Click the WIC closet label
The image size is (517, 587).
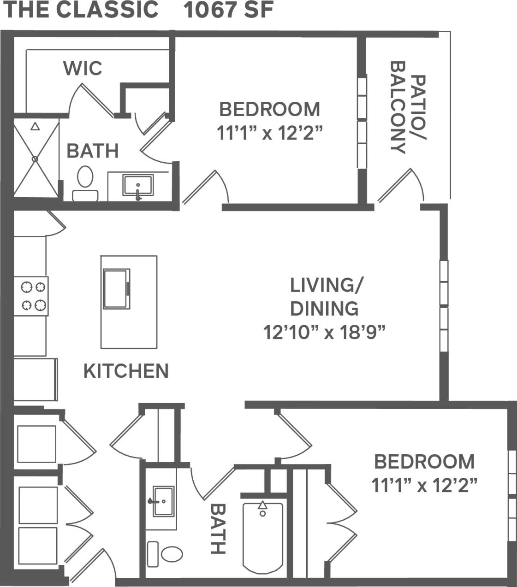pos(83,68)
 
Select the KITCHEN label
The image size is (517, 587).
pos(126,371)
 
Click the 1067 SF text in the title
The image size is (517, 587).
pos(229,10)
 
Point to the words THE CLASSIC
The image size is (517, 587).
pos(81,10)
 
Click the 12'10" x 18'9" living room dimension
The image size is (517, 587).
pos(324,332)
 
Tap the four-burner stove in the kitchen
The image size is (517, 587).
pos(31,296)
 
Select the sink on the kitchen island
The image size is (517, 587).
pos(116,289)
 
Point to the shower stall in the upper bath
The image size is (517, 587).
pos(36,158)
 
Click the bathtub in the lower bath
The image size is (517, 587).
pos(262,537)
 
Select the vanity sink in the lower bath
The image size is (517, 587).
pos(163,501)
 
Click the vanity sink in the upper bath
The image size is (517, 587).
pos(138,186)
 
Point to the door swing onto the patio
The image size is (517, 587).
pos(401,187)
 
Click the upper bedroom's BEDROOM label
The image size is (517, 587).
pos(269,110)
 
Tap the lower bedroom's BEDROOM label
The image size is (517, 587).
pos(424,462)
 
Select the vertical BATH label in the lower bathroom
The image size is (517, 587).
pos(218,528)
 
